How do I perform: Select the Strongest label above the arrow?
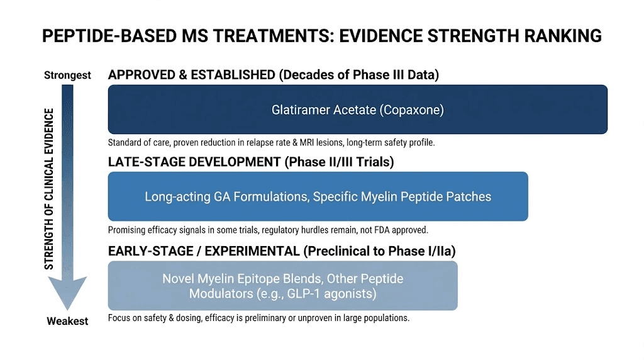67,76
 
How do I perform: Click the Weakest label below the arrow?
67,321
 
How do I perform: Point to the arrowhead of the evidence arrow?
68,296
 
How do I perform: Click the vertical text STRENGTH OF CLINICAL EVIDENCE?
49,189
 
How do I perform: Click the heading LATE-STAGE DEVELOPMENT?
194,162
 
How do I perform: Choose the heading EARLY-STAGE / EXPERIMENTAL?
204,251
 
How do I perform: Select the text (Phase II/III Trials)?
339,162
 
